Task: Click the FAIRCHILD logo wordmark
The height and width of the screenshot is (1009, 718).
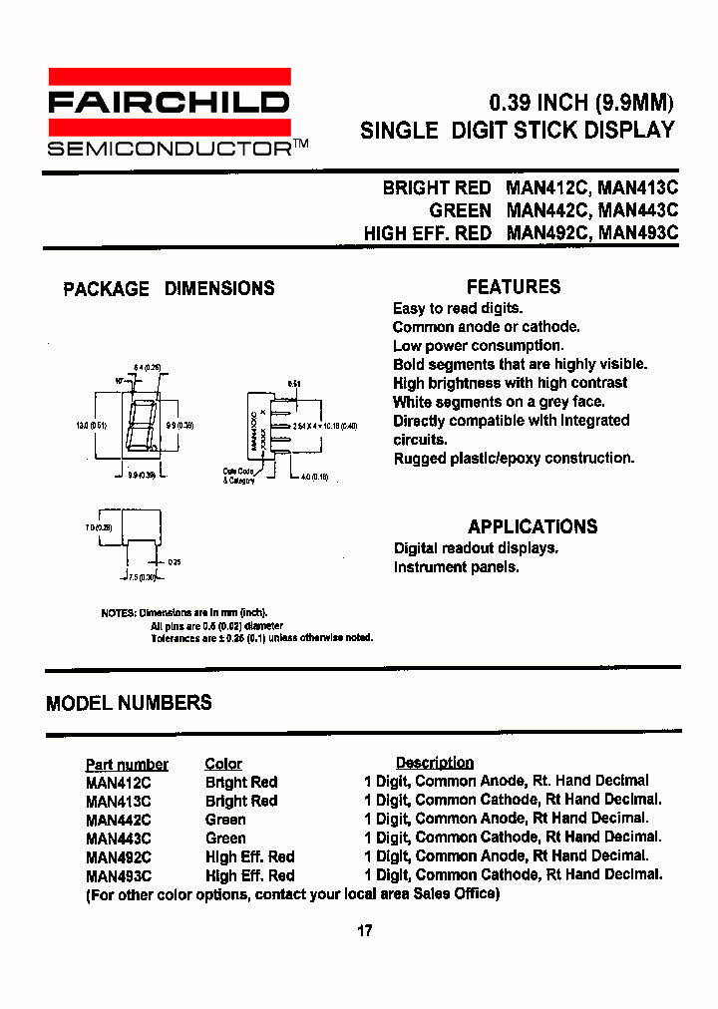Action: point(170,102)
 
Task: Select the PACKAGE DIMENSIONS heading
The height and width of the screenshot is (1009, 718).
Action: point(169,289)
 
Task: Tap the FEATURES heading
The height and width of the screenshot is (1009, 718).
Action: point(514,287)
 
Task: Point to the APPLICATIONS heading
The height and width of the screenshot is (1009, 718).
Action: point(533,526)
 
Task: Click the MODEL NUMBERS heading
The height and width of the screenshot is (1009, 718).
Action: point(129,703)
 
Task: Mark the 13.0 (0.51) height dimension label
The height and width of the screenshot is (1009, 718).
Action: point(92,425)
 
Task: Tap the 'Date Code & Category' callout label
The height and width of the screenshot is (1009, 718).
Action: point(239,476)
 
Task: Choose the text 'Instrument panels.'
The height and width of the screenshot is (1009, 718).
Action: point(456,567)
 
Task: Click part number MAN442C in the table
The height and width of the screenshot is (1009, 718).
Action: point(118,820)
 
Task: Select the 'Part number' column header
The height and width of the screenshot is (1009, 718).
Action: point(127,765)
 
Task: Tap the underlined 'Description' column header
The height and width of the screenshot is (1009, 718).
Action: point(434,763)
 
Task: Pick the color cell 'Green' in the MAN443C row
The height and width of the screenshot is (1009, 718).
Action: point(225,839)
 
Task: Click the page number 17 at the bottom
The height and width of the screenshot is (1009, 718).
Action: point(364,931)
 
